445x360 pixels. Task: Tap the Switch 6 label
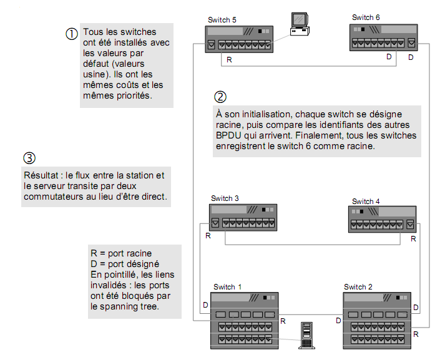366,17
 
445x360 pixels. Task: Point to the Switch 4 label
366,202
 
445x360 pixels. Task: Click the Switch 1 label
228,287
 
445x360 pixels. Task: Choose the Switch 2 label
358,287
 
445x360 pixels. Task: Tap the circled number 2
220,97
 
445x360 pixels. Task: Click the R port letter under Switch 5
229,61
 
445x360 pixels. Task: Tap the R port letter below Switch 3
208,236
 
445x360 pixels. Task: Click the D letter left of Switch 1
205,305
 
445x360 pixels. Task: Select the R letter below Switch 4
413,238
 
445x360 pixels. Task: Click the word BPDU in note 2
228,135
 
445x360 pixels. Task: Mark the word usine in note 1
94,72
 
